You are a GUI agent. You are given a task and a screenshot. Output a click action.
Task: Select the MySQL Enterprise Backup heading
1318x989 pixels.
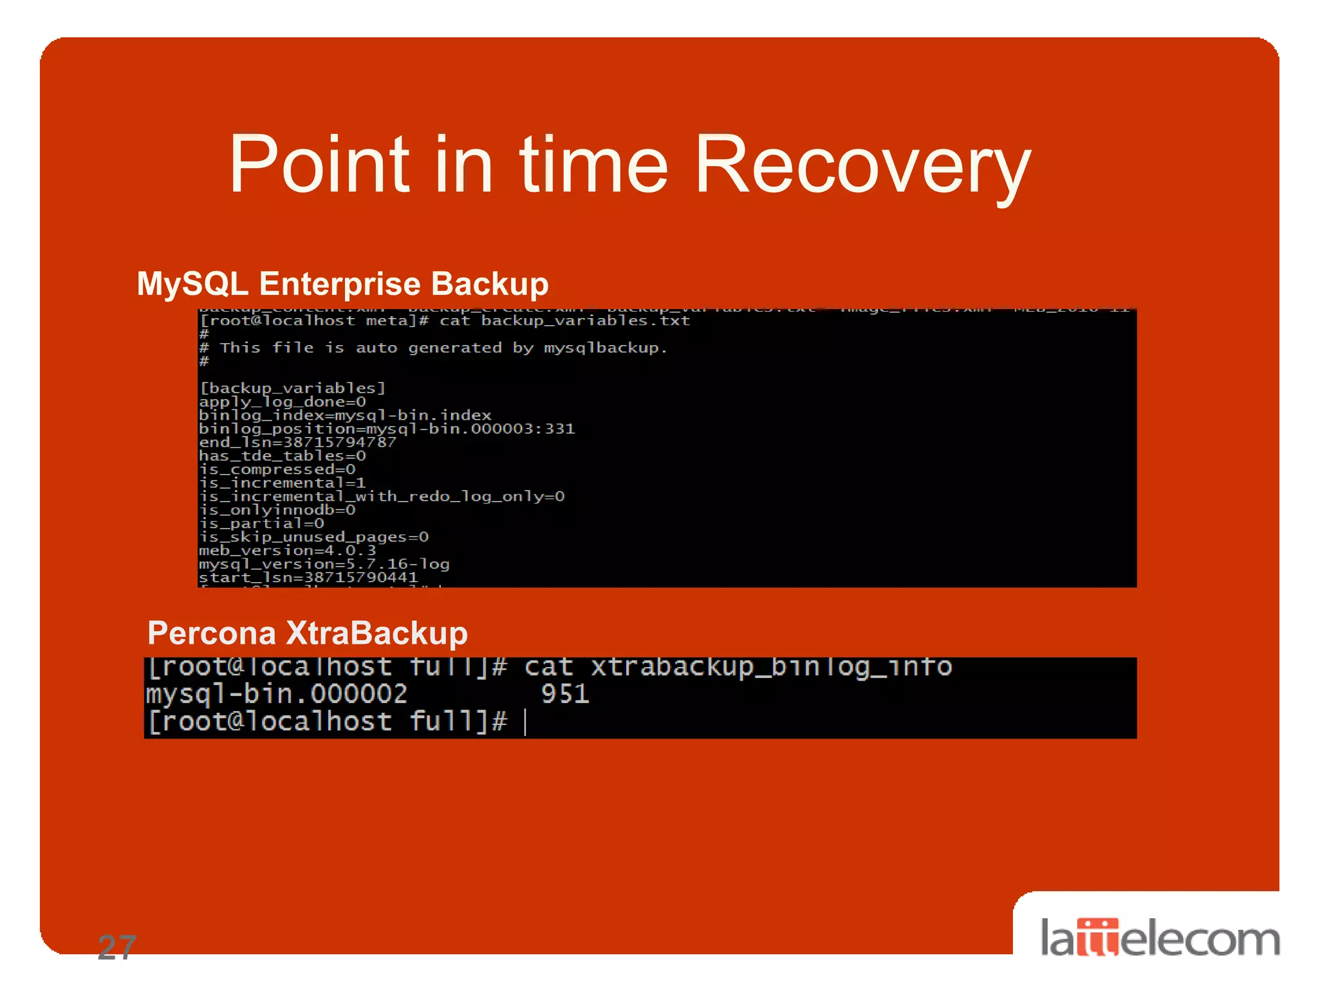[x=342, y=284]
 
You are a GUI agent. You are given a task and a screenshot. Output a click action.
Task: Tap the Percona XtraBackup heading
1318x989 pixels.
[x=308, y=633]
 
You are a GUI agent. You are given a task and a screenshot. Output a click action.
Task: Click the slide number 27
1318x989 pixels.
[x=117, y=947]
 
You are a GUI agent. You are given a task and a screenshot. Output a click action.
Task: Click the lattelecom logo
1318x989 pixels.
[x=1160, y=938]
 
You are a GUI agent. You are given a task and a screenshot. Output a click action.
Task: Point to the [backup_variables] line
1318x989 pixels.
[x=292, y=388]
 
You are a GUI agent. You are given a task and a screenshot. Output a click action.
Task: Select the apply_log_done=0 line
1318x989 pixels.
[x=282, y=402]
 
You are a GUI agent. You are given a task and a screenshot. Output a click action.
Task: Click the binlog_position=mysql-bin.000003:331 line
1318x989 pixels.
[x=386, y=429]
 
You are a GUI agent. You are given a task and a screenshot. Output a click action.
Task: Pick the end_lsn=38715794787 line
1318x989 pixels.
[x=297, y=442]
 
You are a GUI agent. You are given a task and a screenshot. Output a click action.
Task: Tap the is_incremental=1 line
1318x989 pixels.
[x=282, y=483]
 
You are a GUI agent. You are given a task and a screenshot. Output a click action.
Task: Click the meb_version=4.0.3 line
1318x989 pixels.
[x=287, y=551]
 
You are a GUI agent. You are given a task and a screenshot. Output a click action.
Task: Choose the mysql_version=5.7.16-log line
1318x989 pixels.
[x=324, y=564]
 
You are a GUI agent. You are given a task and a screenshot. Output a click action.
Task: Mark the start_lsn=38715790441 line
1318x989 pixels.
[x=308, y=578]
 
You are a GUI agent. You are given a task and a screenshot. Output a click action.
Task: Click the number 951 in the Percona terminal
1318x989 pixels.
[x=565, y=694]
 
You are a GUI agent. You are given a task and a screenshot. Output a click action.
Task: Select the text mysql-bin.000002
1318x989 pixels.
[x=277, y=694]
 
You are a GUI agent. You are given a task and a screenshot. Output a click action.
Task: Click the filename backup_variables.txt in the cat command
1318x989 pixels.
[x=585, y=321]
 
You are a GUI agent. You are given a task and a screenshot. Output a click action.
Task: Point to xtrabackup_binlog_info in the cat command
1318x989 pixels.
[x=771, y=667]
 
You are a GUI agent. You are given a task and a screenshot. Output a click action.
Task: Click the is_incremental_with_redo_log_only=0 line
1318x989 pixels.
[x=381, y=496]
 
